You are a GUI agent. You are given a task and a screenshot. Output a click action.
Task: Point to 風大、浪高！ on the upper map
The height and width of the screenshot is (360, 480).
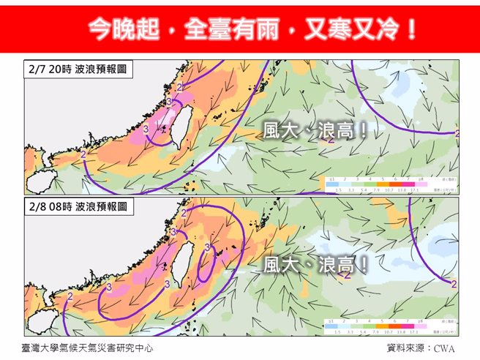(315, 130)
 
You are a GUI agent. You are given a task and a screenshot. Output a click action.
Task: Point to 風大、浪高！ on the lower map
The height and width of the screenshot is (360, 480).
(315, 265)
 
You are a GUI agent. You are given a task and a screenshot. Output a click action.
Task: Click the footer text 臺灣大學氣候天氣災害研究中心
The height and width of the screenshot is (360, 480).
(88, 348)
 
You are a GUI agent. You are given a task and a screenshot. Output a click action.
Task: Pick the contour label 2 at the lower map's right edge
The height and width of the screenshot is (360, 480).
(454, 284)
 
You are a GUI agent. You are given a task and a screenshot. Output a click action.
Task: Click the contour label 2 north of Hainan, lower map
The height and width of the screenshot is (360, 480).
(70, 296)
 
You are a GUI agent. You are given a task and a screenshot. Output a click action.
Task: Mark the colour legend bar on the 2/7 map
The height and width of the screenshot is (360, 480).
(385, 183)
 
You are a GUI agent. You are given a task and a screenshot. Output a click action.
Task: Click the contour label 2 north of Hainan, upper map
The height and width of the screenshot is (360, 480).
(83, 155)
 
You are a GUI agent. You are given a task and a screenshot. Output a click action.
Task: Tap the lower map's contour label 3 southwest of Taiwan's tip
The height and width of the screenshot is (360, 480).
(108, 287)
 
